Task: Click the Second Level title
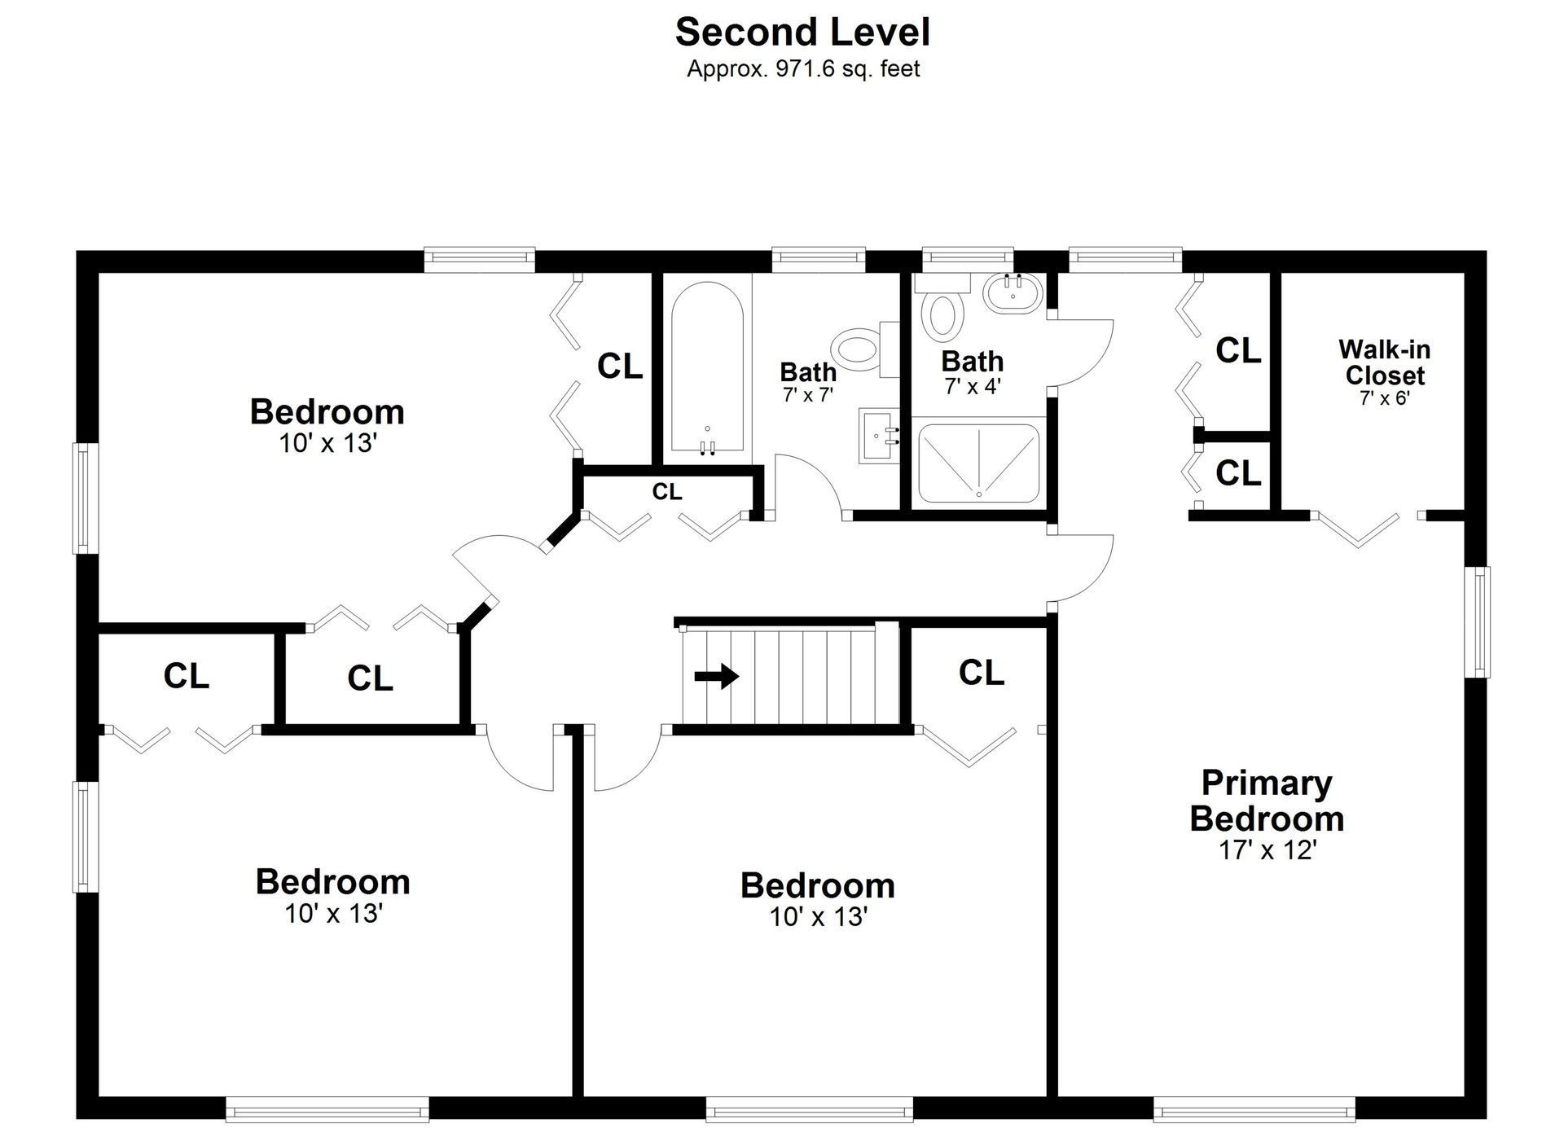(802, 33)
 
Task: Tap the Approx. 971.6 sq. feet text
(803, 69)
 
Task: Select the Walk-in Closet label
(1385, 362)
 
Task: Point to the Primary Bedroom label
(1267, 801)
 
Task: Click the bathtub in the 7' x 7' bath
(707, 367)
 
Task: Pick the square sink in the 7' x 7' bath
(880, 435)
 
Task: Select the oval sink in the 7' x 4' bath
(1013, 293)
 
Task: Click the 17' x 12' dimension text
(1267, 850)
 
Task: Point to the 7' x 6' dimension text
(1385, 398)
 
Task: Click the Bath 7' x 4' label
(973, 372)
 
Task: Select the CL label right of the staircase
(982, 673)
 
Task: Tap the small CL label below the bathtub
(667, 492)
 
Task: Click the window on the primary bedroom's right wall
(1477, 622)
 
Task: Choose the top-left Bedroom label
(327, 412)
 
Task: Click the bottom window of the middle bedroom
(810, 1108)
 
